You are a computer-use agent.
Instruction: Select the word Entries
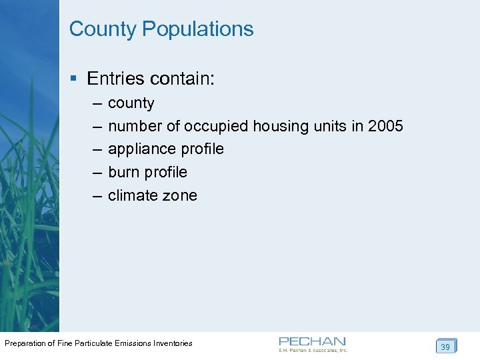pyautogui.click(x=116, y=79)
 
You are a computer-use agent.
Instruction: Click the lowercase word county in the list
pyautogui.click(x=131, y=103)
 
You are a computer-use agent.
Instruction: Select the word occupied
pyautogui.click(x=217, y=126)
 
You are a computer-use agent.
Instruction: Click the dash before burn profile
pyautogui.click(x=96, y=172)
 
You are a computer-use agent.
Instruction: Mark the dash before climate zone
pyautogui.click(x=96, y=195)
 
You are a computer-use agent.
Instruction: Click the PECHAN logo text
pyautogui.click(x=312, y=341)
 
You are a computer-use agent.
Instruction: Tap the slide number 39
pyautogui.click(x=445, y=347)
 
